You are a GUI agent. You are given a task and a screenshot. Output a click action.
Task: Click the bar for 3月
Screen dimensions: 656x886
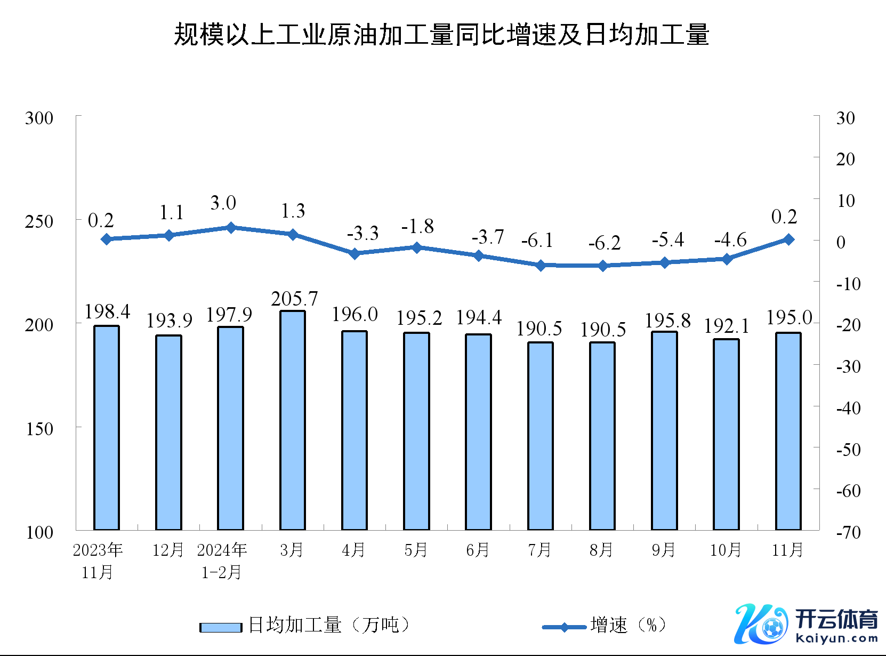(293, 420)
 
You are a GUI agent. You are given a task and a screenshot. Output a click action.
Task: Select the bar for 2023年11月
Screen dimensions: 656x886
(107, 428)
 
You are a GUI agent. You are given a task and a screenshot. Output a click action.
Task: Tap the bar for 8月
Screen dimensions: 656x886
(602, 436)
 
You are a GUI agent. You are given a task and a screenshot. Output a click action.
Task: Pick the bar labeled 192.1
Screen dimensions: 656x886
(726, 434)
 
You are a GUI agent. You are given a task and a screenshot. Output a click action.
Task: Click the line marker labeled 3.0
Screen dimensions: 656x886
(231, 228)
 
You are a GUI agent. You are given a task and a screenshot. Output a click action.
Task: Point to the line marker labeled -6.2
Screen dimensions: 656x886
(602, 266)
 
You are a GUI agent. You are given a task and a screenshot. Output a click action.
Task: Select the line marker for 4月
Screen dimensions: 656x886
(355, 253)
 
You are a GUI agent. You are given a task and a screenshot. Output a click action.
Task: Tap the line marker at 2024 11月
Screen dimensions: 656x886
(788, 239)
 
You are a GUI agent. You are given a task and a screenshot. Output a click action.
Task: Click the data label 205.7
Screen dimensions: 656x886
(294, 299)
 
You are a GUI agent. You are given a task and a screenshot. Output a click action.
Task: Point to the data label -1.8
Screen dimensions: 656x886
(417, 227)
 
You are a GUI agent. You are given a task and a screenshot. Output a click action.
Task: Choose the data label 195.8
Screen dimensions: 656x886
(667, 321)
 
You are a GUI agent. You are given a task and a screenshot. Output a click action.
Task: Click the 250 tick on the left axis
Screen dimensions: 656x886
(39, 221)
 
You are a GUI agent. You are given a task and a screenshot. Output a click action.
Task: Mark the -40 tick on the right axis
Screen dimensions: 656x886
(848, 409)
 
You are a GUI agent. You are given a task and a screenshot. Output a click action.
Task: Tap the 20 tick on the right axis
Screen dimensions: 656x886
(845, 159)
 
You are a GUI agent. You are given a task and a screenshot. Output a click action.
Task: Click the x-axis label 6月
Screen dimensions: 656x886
(478, 550)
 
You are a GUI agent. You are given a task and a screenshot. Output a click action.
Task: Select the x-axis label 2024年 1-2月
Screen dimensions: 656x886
(222, 561)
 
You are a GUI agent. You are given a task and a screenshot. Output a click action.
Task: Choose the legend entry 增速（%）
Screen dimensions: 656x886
(605, 625)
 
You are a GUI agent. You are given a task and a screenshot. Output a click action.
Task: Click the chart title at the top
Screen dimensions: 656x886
(441, 35)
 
